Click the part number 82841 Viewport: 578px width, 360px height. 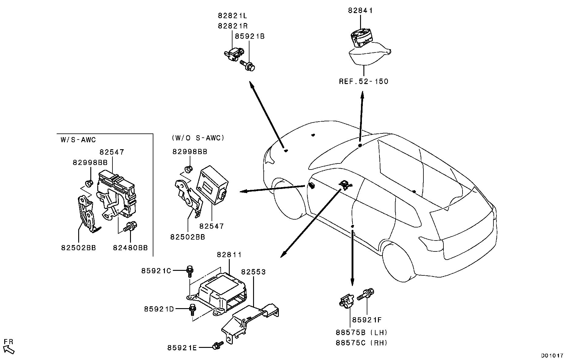(x=360, y=11)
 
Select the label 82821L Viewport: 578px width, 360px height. (x=232, y=16)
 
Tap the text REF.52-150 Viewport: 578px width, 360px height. (x=363, y=81)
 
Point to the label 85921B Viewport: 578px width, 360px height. (x=250, y=36)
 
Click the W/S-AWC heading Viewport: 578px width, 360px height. (x=78, y=140)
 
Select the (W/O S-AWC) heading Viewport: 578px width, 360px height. (x=198, y=138)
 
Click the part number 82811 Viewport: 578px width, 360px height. (x=229, y=255)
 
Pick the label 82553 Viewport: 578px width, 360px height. (x=253, y=272)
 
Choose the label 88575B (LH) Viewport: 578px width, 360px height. (x=362, y=332)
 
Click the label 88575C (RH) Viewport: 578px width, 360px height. (x=362, y=343)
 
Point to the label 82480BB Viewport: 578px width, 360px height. (x=130, y=248)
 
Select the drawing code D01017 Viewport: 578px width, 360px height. (x=553, y=355)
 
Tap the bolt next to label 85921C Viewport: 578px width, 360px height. (x=190, y=271)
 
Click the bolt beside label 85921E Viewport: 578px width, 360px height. (x=218, y=345)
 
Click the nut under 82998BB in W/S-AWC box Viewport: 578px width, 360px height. (x=89, y=183)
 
